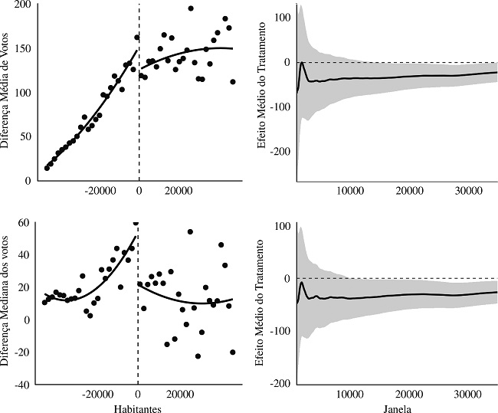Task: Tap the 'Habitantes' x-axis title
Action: [137, 408]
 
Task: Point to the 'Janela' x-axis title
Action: [395, 408]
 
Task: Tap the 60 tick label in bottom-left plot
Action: [24, 223]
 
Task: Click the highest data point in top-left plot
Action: [191, 8]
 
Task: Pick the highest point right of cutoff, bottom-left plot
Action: [190, 231]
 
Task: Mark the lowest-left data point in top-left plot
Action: [47, 168]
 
